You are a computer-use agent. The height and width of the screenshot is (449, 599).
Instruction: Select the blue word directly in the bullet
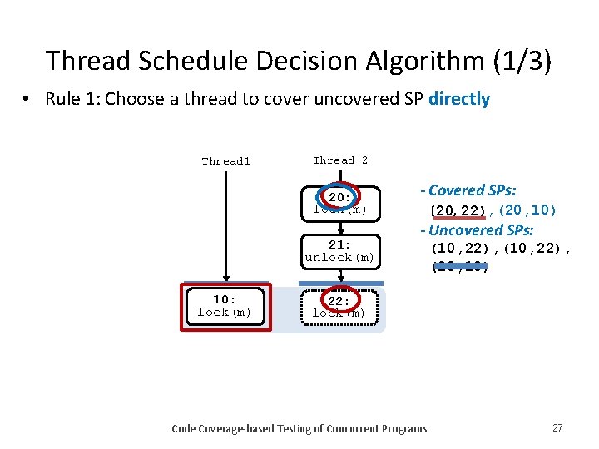coord(459,99)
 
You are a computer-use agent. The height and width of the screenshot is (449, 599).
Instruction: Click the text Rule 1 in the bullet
coord(72,99)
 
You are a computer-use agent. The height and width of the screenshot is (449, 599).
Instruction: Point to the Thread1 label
coord(225,161)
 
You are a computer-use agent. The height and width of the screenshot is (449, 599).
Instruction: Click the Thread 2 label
coord(340,160)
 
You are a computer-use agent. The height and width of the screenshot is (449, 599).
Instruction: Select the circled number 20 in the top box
coord(339,198)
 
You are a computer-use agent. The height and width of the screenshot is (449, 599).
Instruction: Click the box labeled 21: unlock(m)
coord(339,251)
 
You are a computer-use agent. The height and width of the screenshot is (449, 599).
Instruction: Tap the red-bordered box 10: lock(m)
coord(225,306)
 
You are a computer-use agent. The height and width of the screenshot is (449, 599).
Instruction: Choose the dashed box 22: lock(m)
coord(339,307)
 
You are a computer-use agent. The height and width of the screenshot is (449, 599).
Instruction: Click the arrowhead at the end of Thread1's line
coord(225,281)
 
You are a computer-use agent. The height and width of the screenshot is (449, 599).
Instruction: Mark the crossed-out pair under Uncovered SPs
coord(459,268)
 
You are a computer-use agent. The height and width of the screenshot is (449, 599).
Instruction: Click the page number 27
coord(557,427)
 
